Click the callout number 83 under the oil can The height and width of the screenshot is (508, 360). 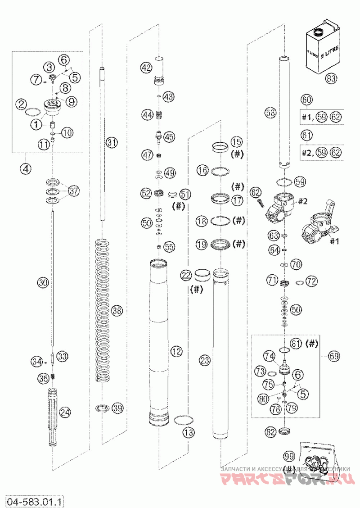331,78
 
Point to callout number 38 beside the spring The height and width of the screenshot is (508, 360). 117,310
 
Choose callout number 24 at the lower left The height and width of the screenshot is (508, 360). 65,411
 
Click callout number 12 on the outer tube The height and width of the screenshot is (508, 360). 176,350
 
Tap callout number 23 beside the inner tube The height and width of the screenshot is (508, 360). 205,360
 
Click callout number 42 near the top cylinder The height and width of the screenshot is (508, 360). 146,68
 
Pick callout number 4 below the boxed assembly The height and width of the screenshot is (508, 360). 25,169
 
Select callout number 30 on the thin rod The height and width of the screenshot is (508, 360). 43,283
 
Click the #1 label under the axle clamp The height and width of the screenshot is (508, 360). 334,242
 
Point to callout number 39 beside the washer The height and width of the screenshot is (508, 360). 117,408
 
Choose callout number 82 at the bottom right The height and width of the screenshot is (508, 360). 270,432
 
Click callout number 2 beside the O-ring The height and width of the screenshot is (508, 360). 19,104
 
